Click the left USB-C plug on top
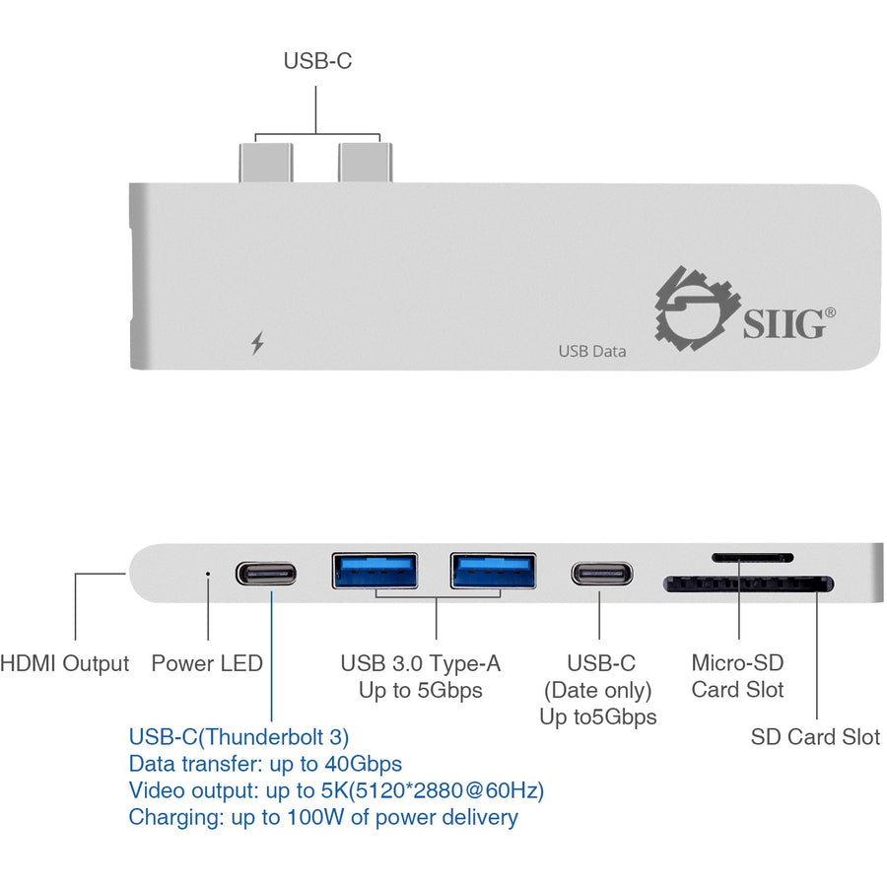[265, 162]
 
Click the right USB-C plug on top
[364, 162]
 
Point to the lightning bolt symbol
[257, 344]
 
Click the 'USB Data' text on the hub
[591, 350]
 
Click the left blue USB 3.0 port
[375, 572]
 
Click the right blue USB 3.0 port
[493, 572]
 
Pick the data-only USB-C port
[601, 574]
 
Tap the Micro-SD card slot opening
[752, 557]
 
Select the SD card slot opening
[749, 584]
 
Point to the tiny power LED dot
[207, 571]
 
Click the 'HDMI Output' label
[65, 663]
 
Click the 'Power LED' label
[207, 663]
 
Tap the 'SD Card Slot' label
[815, 737]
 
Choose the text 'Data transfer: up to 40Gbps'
[265, 763]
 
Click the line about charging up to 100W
[322, 816]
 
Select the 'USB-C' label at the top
[317, 61]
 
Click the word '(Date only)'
[597, 690]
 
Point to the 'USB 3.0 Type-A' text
[421, 663]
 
